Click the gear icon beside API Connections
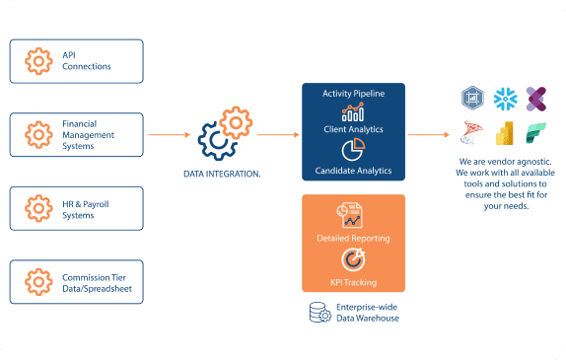pyautogui.click(x=38, y=61)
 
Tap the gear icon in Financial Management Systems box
pyautogui.click(x=38, y=135)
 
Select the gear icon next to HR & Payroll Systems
pyautogui.click(x=38, y=208)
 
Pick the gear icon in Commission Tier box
pyautogui.click(x=38, y=282)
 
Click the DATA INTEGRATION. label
pyautogui.click(x=222, y=174)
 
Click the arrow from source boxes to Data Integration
pyautogui.click(x=170, y=135)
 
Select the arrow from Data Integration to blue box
pyautogui.click(x=278, y=135)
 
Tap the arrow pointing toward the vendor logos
pyautogui.click(x=429, y=135)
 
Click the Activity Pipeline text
pyautogui.click(x=353, y=94)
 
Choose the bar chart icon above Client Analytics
pyautogui.click(x=353, y=111)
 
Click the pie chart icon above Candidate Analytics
pyautogui.click(x=353, y=150)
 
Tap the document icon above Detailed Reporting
pyautogui.click(x=350, y=215)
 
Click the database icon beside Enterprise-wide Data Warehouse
pyautogui.click(x=319, y=313)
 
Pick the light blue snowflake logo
pyautogui.click(x=505, y=99)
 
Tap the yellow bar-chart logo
pyautogui.click(x=505, y=133)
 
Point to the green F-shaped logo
pyautogui.click(x=535, y=133)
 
